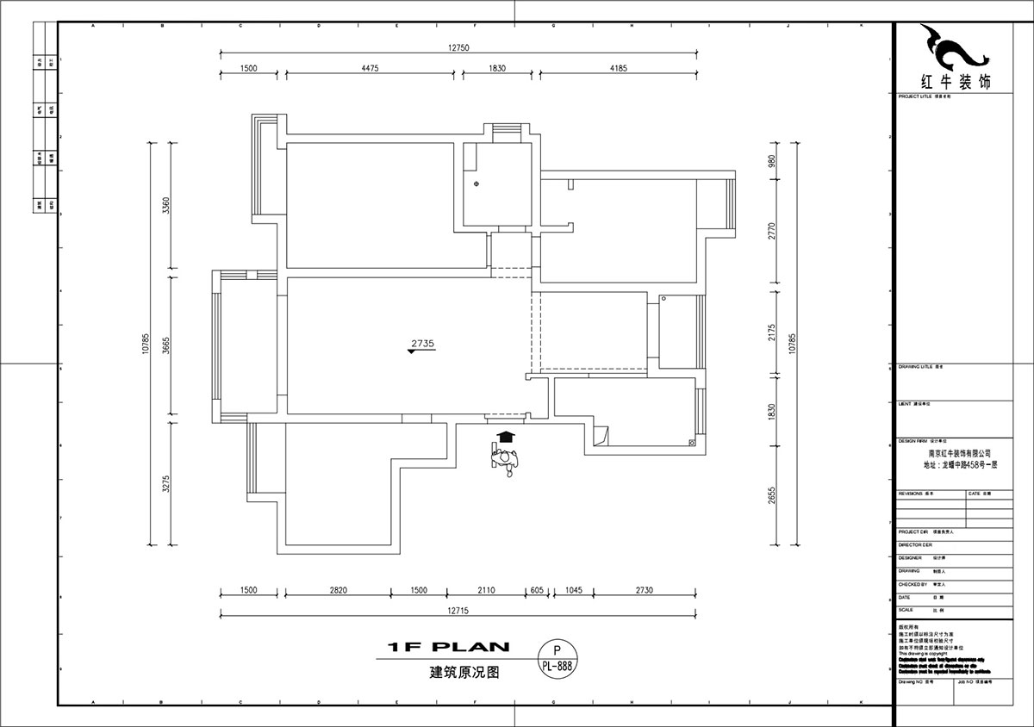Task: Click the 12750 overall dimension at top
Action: click(x=458, y=48)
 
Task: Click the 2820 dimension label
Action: click(x=338, y=590)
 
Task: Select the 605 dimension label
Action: click(x=537, y=590)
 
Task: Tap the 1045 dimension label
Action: click(x=573, y=590)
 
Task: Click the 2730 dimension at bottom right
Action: click(x=644, y=590)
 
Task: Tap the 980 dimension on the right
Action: click(x=773, y=161)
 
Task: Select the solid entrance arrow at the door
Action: click(x=507, y=438)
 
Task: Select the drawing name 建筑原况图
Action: click(x=464, y=674)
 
